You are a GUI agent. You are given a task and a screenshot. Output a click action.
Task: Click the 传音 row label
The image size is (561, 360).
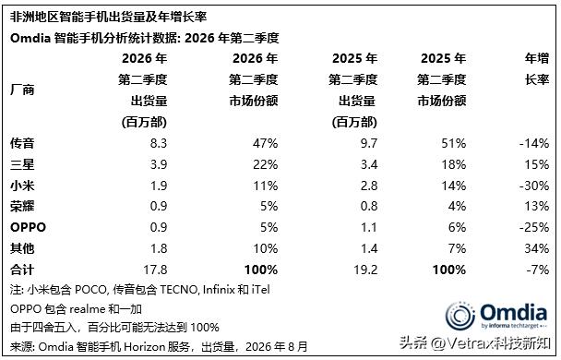point(22,143)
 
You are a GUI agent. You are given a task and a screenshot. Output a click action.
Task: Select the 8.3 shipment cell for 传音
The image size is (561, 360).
point(159,143)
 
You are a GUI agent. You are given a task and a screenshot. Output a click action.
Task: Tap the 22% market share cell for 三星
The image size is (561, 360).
point(265,164)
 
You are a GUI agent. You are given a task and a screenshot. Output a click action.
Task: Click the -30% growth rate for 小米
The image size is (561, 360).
point(534,186)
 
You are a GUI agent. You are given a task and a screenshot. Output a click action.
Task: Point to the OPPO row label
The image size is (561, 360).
point(28,227)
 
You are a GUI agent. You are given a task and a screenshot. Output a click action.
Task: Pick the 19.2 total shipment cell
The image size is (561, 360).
point(365,270)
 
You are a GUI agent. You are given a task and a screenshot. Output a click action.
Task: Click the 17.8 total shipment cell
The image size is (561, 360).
point(155,270)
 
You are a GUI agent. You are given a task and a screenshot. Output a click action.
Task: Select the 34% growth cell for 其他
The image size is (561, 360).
point(537,248)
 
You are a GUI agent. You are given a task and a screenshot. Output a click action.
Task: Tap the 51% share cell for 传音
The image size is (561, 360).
point(454,143)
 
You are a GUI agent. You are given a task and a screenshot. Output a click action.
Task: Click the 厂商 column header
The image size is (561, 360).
point(22,90)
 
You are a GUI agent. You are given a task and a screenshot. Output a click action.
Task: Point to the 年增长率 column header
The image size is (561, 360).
point(537,68)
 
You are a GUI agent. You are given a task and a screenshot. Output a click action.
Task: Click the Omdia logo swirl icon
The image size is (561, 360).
point(460,316)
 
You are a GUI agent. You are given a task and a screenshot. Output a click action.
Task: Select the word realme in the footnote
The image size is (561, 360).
point(87,309)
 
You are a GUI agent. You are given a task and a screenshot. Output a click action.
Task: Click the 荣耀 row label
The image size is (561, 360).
point(22,206)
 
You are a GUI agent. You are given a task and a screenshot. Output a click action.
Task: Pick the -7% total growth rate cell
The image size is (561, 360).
point(537,270)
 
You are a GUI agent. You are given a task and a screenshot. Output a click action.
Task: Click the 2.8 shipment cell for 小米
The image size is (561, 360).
point(368,186)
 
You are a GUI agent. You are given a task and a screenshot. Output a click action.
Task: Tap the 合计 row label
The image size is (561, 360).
point(22,270)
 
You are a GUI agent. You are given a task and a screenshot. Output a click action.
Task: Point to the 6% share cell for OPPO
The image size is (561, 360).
point(457,227)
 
